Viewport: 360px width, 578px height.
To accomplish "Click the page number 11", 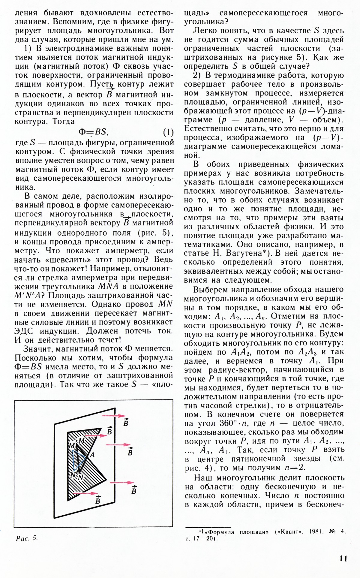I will pos(343,559).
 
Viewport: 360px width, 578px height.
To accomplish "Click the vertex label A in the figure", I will pos(92,455).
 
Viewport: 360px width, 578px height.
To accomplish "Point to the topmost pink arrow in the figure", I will pos(114,416).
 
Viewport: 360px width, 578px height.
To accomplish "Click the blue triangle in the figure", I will pos(76,456).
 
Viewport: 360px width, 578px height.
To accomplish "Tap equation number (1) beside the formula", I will pos(168,132).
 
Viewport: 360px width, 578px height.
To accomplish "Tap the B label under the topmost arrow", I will pos(126,423).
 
